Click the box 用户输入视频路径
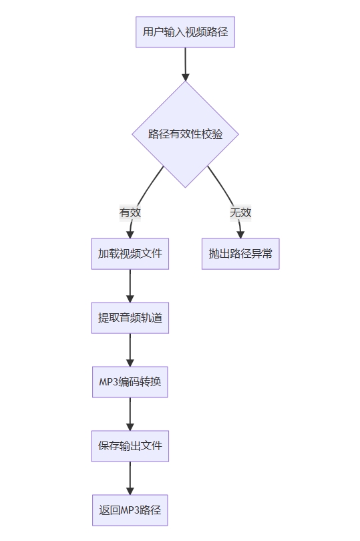tap(186, 32)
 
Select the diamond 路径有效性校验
tap(186, 134)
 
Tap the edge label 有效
tap(130, 212)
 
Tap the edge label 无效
tap(240, 212)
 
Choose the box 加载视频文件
tap(130, 254)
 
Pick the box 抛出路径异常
tap(240, 254)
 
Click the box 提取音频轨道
tap(130, 318)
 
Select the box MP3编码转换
tap(130, 382)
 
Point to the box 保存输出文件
tap(130, 445)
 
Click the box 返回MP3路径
tap(130, 510)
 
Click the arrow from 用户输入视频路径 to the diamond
tap(186, 64)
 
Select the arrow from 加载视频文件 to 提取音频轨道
tap(130, 286)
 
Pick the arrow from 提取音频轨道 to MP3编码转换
tap(130, 350)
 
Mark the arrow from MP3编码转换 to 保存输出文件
tap(130, 414)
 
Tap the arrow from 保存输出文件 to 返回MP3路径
tap(130, 478)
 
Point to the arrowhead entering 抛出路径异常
tap(240, 234)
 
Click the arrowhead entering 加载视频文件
tap(130, 234)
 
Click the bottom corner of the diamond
tap(186, 188)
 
